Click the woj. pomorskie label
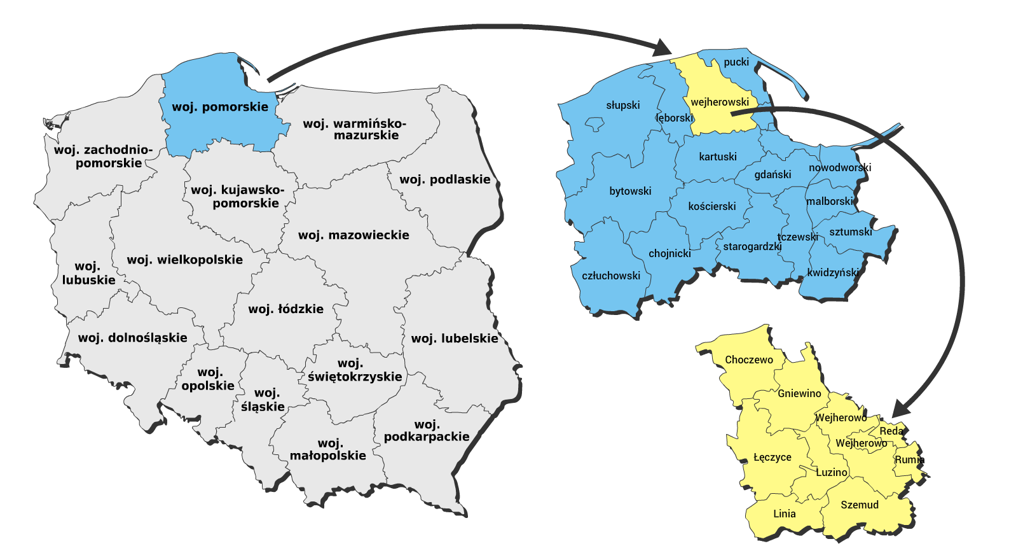point(220,107)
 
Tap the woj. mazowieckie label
point(354,235)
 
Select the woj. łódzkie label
point(285,309)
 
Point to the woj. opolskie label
point(208,379)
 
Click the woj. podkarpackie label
point(427,430)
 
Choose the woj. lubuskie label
point(88,273)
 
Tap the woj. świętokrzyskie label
point(354,370)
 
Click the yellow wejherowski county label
point(720,102)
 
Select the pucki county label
point(736,62)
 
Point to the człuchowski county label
point(611,276)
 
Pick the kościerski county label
point(711,206)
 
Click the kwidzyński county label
point(833,272)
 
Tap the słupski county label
point(622,105)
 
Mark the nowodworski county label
point(839,167)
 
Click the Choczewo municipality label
point(749,360)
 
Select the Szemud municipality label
point(860,505)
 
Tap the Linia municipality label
point(784,514)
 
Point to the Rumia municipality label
point(909,459)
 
